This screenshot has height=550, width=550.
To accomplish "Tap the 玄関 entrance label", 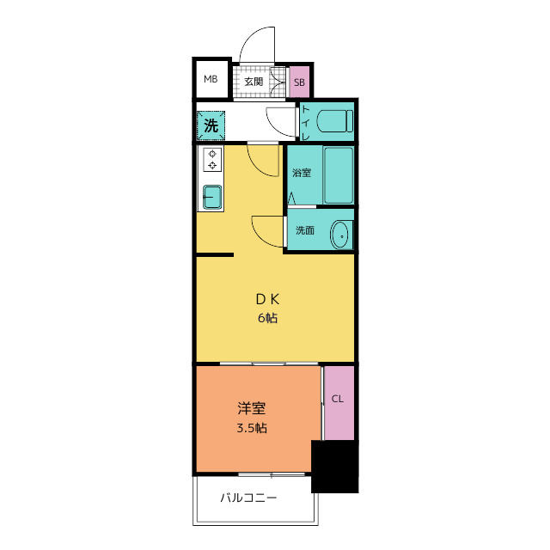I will pos(254,82).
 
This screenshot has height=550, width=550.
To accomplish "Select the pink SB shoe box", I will pos(299,82).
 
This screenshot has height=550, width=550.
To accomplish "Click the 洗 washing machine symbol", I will pos(211,125).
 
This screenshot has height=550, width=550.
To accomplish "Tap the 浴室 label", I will pos(301,173).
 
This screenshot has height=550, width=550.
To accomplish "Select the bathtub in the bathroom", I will pos(338,174).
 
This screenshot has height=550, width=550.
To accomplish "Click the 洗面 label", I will pos(304,230).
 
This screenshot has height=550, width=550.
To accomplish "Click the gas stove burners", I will pos(211,160).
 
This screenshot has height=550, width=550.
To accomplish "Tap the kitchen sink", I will pos(211,197).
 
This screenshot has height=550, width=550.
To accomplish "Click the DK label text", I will pos(267,299).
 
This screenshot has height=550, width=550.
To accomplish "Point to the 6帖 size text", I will pos(266,318).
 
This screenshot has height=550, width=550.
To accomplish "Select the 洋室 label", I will pos(249,408).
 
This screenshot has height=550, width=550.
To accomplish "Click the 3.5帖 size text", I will pos(249,427).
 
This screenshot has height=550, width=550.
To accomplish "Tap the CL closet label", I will pos(338,400).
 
